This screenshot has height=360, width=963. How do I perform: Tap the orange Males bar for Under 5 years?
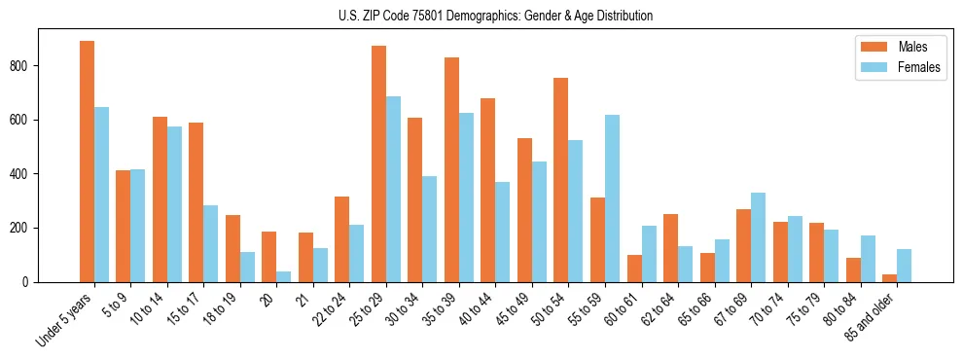87,162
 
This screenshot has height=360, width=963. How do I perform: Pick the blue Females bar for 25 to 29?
393,190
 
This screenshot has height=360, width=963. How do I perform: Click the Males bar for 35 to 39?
451,170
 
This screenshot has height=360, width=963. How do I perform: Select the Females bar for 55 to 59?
612,198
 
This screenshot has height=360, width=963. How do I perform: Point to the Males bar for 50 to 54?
560,180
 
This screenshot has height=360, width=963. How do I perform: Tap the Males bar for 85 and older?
889,278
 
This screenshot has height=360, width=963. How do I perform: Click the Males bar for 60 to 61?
633,269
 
